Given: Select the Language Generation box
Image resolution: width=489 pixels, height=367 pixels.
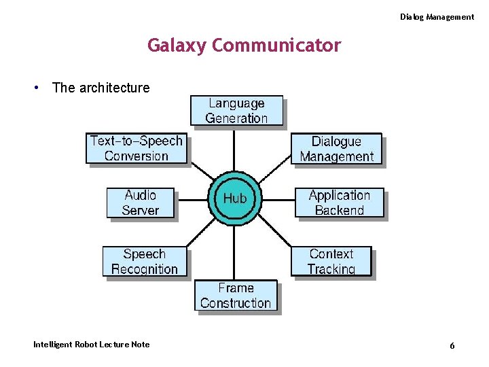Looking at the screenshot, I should coord(236,111).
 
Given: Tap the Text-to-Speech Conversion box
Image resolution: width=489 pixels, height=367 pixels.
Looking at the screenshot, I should coord(137,149).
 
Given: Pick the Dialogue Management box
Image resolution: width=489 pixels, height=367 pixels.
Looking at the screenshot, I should coord(336,150).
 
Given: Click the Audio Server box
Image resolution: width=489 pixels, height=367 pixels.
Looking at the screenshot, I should coord(141,203).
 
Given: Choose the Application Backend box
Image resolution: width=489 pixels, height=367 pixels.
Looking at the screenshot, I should coord(339,203).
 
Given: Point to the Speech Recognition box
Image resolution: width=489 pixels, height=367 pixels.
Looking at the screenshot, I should coord(144,262).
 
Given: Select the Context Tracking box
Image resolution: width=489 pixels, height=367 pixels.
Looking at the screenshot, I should coord(331,262).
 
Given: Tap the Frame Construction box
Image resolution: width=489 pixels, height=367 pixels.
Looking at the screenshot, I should coord(236,296).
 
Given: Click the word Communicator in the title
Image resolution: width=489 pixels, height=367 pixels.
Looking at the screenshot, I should coord(276,46).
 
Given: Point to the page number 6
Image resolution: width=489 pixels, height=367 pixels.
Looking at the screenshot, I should coord(452,346).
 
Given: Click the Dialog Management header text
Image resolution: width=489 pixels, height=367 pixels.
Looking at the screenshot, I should coord(437,17).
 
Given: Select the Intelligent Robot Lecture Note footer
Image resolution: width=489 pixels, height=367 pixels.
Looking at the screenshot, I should coord(92,345).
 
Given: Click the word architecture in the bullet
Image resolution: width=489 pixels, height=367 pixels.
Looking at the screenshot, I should coord(114,88).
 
